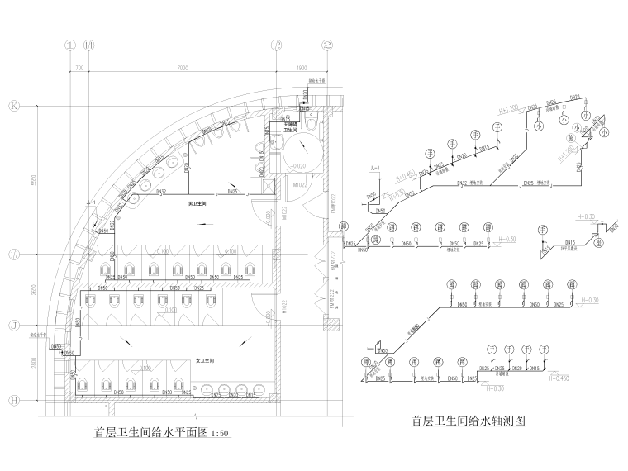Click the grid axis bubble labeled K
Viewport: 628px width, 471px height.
(x=14, y=106)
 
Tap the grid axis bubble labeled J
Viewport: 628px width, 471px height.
(x=14, y=324)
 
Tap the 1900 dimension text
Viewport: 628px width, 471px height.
(x=301, y=67)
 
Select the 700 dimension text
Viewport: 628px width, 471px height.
(x=80, y=67)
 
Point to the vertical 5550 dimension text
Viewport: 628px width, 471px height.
(x=33, y=179)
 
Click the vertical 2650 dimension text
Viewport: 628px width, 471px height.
(x=33, y=288)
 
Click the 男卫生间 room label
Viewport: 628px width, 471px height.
(x=196, y=202)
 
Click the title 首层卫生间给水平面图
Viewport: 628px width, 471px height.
(x=152, y=432)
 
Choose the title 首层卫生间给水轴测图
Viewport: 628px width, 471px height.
(x=469, y=421)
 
